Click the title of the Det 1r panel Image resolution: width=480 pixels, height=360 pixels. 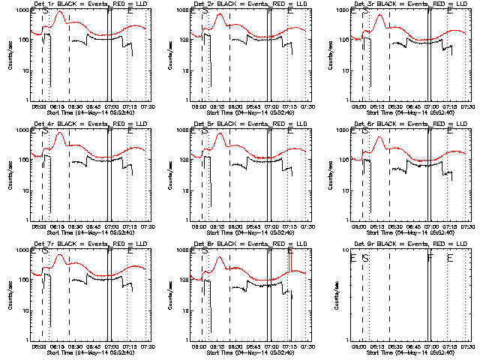[x=86, y=5]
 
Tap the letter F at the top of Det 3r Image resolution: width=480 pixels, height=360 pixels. [x=430, y=12]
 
